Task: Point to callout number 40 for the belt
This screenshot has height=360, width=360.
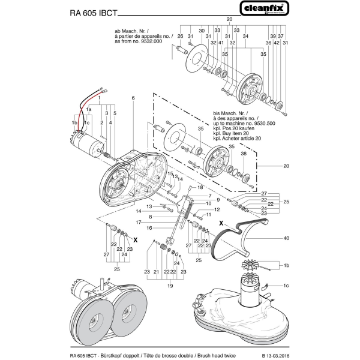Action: (x=286, y=239)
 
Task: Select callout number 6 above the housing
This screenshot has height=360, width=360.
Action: (x=133, y=98)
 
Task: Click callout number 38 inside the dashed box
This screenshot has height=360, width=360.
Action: (x=244, y=154)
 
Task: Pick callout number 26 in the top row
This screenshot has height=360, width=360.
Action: (x=180, y=37)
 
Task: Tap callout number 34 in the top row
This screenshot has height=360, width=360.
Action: (x=245, y=37)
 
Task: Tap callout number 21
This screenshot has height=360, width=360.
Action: (x=155, y=272)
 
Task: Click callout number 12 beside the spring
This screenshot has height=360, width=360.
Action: (x=217, y=209)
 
